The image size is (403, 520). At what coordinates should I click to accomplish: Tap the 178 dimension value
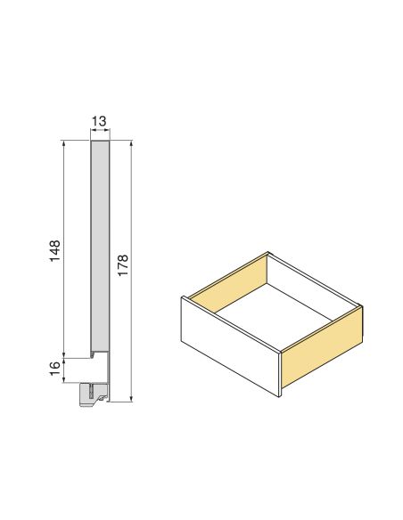(123, 264)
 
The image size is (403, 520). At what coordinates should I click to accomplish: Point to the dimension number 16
(54, 368)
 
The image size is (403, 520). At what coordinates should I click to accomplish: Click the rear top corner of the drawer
(269, 253)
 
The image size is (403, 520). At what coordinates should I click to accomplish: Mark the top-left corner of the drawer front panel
(181, 298)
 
